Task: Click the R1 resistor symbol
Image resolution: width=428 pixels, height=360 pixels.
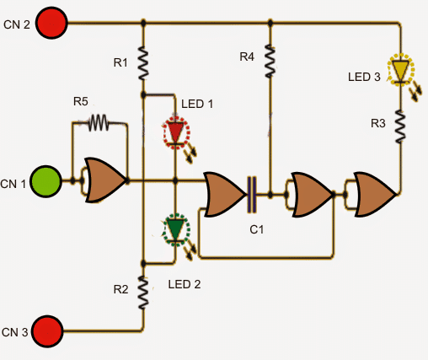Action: click(144, 62)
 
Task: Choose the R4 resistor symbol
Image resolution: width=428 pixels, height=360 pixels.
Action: click(270, 58)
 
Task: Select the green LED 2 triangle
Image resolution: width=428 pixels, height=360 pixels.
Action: click(176, 228)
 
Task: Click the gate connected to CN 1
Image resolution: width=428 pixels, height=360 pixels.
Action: click(104, 180)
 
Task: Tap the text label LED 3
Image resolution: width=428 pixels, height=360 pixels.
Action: click(365, 77)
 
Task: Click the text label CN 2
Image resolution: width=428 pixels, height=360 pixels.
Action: click(16, 25)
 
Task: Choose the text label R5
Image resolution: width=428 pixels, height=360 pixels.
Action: click(80, 101)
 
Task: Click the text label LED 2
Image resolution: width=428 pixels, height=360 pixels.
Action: click(184, 284)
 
